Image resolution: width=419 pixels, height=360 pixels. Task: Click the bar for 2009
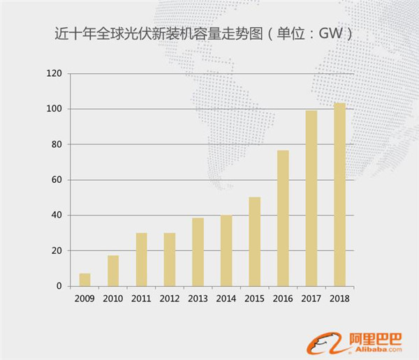tap(84, 280)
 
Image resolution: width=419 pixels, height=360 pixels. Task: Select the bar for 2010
tap(113, 271)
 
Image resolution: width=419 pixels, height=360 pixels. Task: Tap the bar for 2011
tap(141, 260)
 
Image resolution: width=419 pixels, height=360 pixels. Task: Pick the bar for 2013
tap(198, 252)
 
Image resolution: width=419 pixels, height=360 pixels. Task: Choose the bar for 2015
tap(254, 241)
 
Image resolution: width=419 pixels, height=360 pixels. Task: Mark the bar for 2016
tap(283, 218)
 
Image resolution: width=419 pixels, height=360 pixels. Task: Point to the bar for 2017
tap(311, 198)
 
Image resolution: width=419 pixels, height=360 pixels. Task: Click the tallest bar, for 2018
tap(339, 195)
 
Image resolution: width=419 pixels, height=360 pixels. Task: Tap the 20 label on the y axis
tap(57, 251)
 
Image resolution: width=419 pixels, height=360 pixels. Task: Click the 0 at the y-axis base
tap(59, 286)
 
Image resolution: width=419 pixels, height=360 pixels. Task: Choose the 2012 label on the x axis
tap(170, 298)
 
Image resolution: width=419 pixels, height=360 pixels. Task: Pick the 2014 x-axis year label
tap(226, 298)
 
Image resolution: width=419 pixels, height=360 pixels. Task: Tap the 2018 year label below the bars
tap(339, 298)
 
